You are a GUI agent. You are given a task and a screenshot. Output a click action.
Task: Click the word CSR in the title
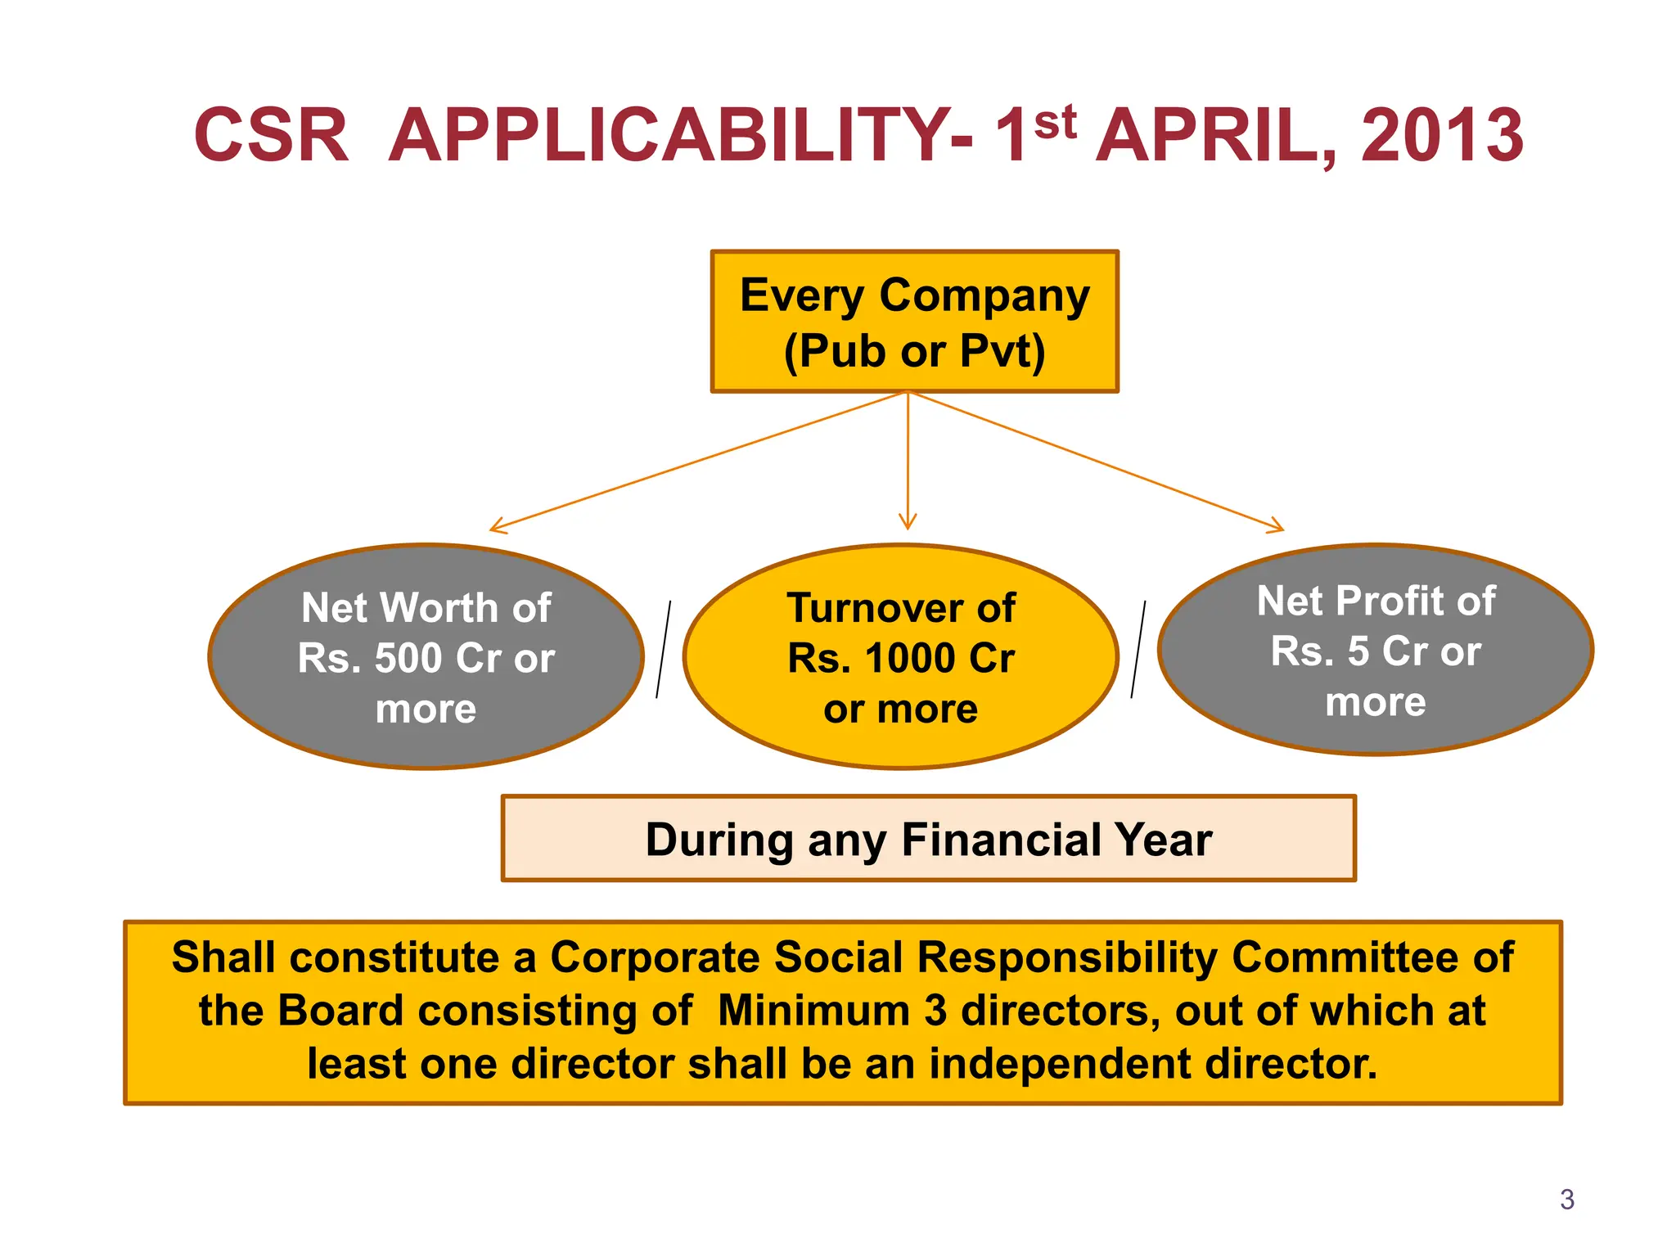[271, 135]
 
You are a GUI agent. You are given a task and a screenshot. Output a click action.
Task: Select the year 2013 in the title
[1441, 135]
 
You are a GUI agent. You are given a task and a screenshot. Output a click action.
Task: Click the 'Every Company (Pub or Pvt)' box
[914, 322]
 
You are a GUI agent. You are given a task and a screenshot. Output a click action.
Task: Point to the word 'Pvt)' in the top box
[1002, 351]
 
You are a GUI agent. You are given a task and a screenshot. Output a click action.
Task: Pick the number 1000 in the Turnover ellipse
[910, 658]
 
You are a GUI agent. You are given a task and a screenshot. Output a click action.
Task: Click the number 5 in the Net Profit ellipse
[1358, 651]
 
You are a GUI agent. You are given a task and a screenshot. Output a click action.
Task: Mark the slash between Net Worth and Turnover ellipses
[664, 650]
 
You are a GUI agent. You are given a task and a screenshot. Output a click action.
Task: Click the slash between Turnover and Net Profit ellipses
[1138, 650]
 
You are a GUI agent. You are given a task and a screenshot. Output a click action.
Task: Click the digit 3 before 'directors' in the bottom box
[935, 1010]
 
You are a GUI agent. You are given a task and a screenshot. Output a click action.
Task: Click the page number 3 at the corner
[1566, 1199]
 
